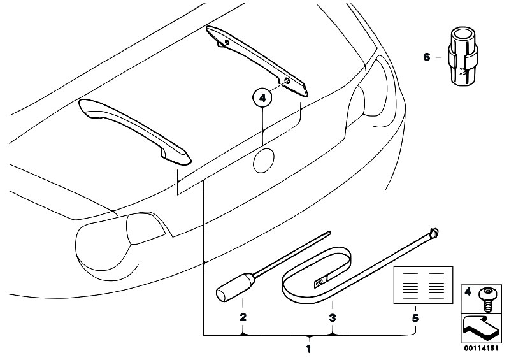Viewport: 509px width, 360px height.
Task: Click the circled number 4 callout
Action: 262,97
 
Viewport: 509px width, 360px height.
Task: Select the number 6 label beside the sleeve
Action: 427,57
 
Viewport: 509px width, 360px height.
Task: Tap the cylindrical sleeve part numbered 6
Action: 463,57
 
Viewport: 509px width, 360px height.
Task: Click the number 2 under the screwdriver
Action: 243,317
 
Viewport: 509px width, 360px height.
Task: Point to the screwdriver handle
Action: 235,287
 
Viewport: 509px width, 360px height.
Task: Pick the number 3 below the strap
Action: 332,318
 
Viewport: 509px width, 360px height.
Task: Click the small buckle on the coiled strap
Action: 320,281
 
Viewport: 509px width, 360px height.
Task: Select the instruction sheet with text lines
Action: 423,285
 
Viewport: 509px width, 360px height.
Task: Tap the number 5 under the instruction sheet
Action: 415,318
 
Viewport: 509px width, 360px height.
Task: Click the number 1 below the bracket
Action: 309,349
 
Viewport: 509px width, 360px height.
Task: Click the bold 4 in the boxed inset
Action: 468,292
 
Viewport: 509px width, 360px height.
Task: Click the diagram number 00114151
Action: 480,349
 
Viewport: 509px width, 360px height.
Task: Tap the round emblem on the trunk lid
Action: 264,161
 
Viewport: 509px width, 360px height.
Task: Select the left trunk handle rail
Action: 134,131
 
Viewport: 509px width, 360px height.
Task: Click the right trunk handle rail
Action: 257,61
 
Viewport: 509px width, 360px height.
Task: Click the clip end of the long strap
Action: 433,233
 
